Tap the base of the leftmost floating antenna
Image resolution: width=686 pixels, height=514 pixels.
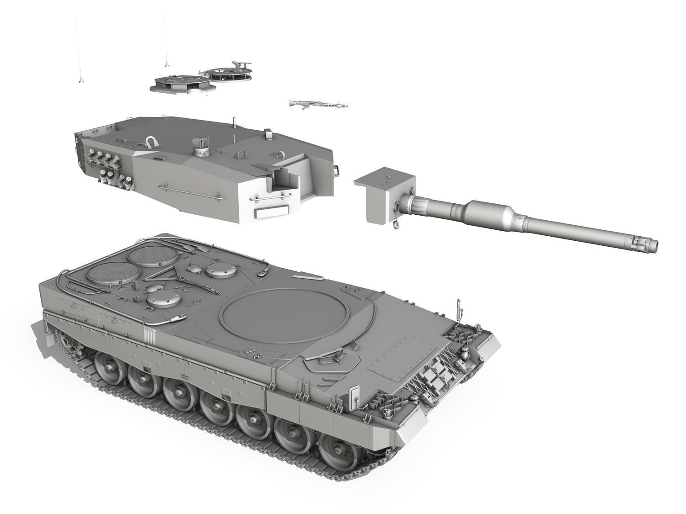(x=80, y=81)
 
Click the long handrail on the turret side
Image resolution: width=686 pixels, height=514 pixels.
(x=191, y=191)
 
